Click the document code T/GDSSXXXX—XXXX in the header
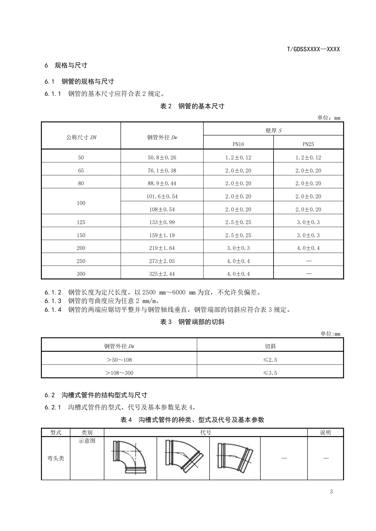[313, 49]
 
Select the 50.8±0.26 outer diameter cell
[162, 158]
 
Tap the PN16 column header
[238, 144]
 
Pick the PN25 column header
[308, 144]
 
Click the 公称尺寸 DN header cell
[81, 137]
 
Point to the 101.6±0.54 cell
[162, 196]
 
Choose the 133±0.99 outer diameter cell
[162, 222]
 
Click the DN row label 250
[81, 261]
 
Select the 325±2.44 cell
[162, 274]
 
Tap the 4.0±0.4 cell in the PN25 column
[308, 248]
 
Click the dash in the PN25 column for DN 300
[309, 274]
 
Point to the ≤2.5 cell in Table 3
[270, 360]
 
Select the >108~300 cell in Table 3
[119, 373]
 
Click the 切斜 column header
[270, 346]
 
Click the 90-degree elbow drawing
[130, 457]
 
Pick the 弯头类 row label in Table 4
[56, 458]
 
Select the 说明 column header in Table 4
[325, 433]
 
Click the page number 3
[331, 492]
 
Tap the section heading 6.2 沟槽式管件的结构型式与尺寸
[96, 395]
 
